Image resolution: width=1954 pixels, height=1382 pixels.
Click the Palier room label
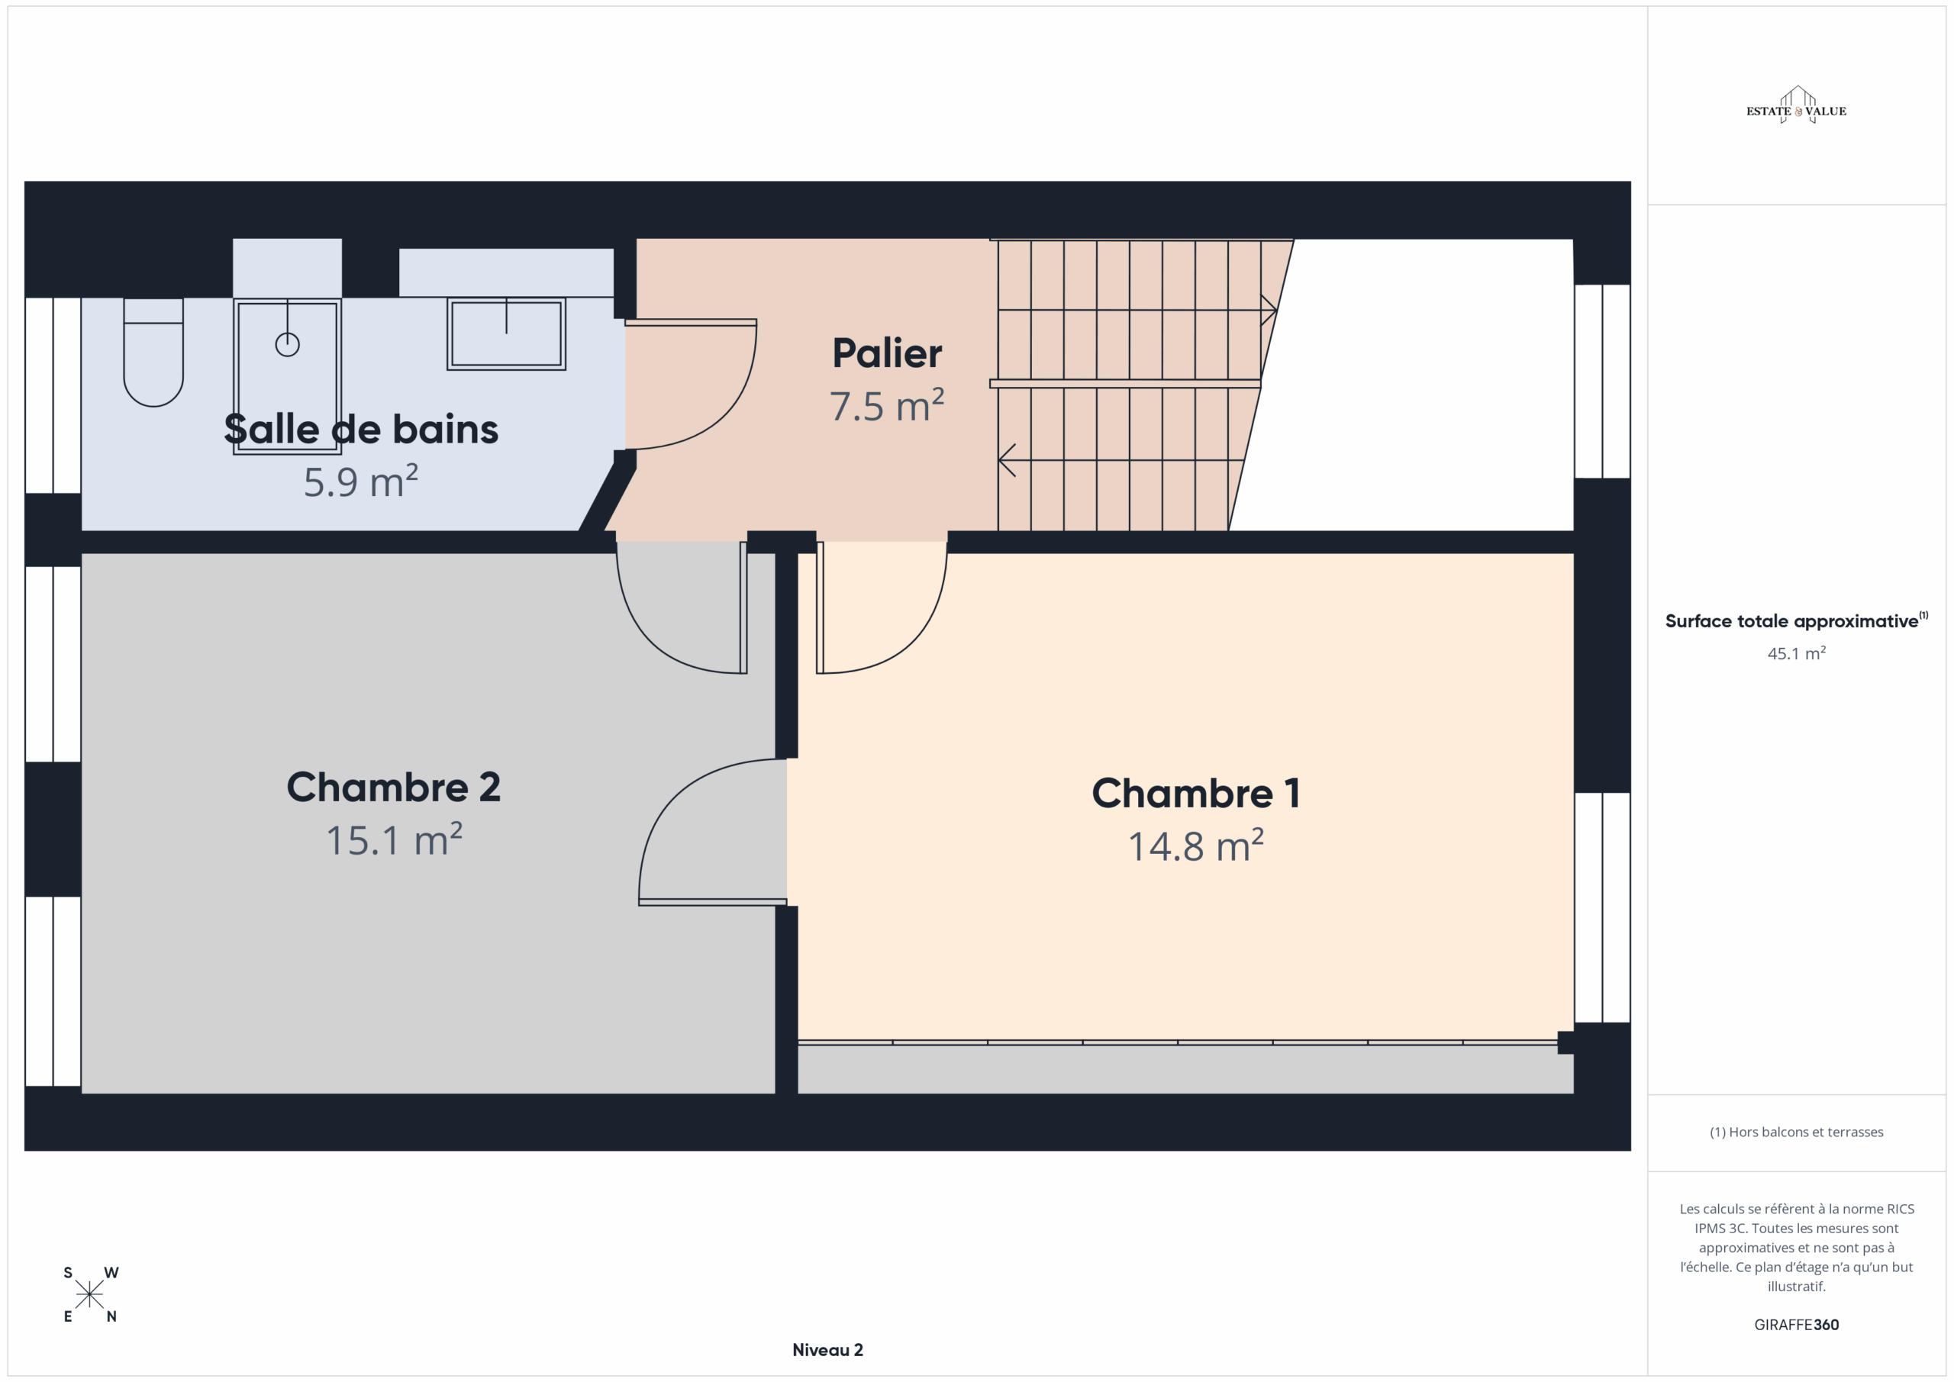tap(887, 353)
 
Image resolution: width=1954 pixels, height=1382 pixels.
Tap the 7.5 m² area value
tap(887, 405)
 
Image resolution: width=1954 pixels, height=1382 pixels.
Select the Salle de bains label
tap(361, 429)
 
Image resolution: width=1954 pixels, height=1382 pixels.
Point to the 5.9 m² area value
tap(361, 481)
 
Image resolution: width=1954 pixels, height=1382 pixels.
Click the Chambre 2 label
tap(393, 788)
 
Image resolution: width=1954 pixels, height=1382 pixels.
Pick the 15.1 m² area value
tap(394, 839)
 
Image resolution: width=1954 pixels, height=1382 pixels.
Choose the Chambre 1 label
tap(1196, 793)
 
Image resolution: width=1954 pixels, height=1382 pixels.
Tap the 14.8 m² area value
tap(1196, 845)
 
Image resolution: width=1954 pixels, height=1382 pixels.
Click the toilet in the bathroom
tap(153, 353)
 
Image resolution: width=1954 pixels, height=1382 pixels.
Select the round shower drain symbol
tap(288, 345)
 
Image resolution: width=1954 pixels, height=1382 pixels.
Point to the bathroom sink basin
tap(506, 333)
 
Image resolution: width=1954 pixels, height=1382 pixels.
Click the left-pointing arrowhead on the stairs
tap(1007, 460)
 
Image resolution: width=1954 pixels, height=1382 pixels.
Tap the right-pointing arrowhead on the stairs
tap(1269, 310)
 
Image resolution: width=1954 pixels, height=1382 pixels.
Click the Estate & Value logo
tap(1797, 106)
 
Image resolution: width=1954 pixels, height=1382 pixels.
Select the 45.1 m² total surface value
tap(1797, 653)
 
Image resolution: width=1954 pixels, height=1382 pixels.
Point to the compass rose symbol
tap(89, 1294)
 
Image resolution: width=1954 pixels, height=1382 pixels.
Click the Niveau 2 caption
tap(827, 1350)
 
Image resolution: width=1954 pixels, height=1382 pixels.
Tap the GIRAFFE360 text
tap(1797, 1325)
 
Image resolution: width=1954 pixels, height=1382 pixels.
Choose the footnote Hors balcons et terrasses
tap(1797, 1132)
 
